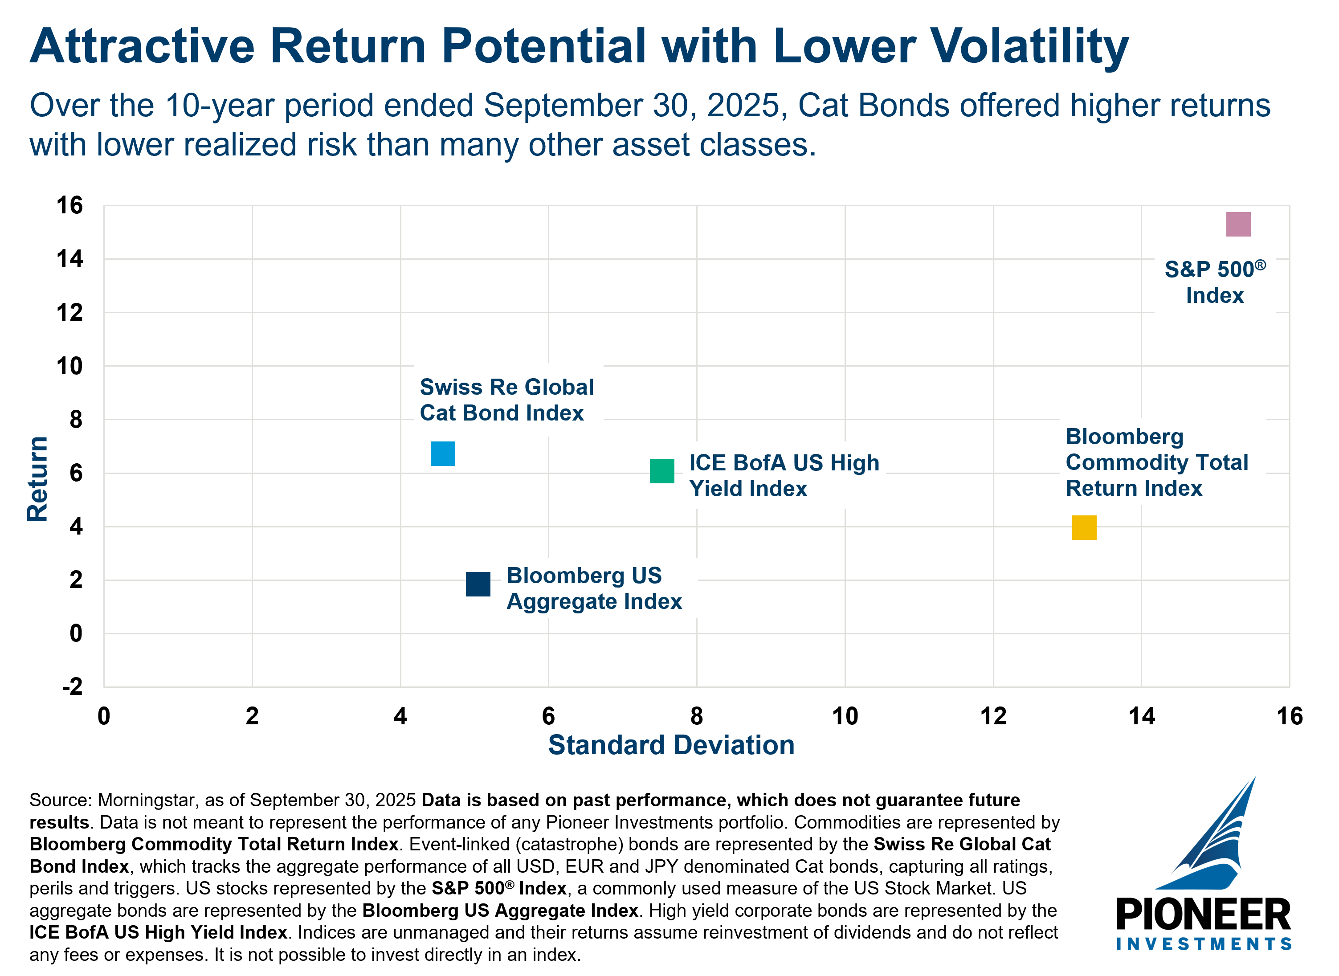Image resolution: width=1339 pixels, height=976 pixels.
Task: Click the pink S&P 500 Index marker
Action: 1238,225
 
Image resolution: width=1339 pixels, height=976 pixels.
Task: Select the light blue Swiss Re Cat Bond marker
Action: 443,454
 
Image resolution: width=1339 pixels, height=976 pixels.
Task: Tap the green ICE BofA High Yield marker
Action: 661,471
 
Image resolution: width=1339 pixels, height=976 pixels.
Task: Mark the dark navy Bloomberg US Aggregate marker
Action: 478,584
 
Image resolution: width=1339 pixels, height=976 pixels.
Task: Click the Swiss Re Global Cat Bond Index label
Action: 506,400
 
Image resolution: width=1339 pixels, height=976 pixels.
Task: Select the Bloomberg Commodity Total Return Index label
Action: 1156,462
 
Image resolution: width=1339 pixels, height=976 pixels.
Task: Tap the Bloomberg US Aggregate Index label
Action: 594,588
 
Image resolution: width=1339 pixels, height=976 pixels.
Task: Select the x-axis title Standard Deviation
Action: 671,745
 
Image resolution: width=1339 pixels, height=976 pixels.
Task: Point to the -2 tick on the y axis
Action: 72,686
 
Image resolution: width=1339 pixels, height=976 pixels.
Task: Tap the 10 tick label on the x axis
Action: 845,716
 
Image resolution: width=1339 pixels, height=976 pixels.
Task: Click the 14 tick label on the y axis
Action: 69,259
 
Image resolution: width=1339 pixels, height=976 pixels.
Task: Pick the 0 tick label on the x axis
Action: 104,716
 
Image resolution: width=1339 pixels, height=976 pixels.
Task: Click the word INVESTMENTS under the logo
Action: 1204,943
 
